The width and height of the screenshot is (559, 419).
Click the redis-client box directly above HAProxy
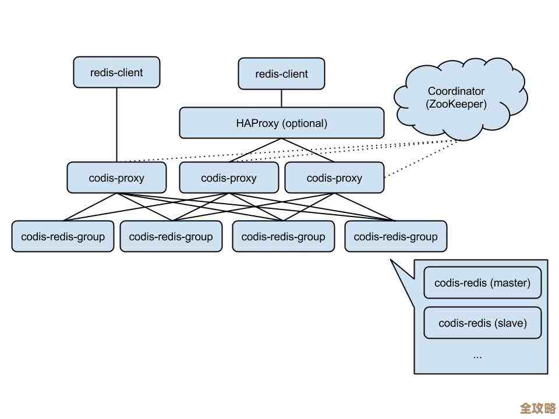pyautogui.click(x=281, y=74)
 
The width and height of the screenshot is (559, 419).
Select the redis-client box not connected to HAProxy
pyautogui.click(x=116, y=73)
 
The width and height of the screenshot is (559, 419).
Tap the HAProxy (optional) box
pyautogui.click(x=281, y=123)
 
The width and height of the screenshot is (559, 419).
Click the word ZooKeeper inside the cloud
pyautogui.click(x=457, y=105)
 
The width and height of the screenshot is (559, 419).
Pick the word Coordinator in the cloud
pyautogui.click(x=456, y=91)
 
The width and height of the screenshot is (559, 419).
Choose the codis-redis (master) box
pyautogui.click(x=482, y=283)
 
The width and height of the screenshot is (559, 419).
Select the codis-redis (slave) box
pyautogui.click(x=482, y=323)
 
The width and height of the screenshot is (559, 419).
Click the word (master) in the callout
pyautogui.click(x=510, y=283)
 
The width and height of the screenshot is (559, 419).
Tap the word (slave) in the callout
pyautogui.click(x=510, y=323)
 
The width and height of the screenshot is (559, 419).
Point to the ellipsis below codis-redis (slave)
pyautogui.click(x=477, y=356)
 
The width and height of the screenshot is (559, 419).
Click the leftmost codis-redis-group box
pyautogui.click(x=63, y=237)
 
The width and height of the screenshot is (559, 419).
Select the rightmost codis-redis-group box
pyautogui.click(x=395, y=237)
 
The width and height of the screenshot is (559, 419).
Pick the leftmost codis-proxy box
pyautogui.click(x=116, y=178)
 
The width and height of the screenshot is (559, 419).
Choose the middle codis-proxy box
pyautogui.click(x=228, y=178)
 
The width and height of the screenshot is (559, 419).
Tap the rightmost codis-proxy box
pyautogui.click(x=334, y=178)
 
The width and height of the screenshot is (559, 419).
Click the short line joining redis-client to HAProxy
pyautogui.click(x=281, y=98)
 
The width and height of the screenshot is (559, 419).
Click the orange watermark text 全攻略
pyautogui.click(x=537, y=407)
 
